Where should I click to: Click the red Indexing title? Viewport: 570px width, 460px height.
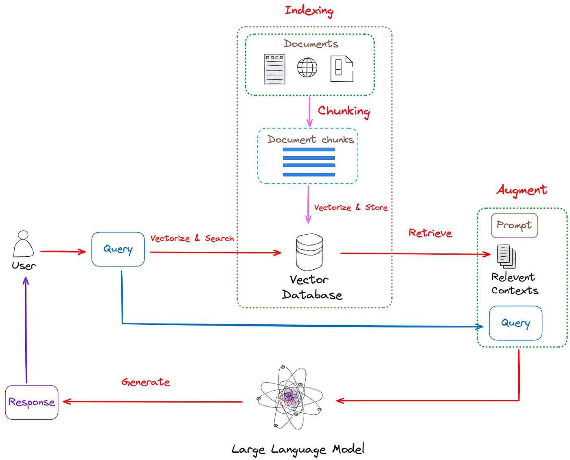[309, 10]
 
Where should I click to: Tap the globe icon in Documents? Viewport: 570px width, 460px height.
[307, 67]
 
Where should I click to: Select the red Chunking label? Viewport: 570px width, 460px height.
[344, 111]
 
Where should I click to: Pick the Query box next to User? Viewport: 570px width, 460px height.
[118, 249]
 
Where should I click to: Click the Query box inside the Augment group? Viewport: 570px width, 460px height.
[515, 323]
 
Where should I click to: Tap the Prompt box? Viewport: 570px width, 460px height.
[514, 225]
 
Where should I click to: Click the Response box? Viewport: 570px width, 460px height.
[32, 402]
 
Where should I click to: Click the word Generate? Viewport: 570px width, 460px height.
[146, 382]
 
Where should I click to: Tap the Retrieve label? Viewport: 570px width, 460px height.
[430, 233]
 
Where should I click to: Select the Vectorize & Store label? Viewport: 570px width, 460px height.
[351, 207]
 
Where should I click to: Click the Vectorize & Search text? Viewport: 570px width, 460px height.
[192, 238]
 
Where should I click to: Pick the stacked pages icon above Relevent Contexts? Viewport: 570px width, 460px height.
[506, 256]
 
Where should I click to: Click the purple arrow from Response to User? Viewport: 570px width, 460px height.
[26, 330]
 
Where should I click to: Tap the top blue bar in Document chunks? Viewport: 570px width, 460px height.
[309, 150]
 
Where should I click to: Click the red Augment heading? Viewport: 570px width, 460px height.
[522, 190]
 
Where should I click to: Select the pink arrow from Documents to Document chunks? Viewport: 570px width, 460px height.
[309, 111]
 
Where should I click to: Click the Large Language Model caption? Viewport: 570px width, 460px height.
[298, 449]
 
